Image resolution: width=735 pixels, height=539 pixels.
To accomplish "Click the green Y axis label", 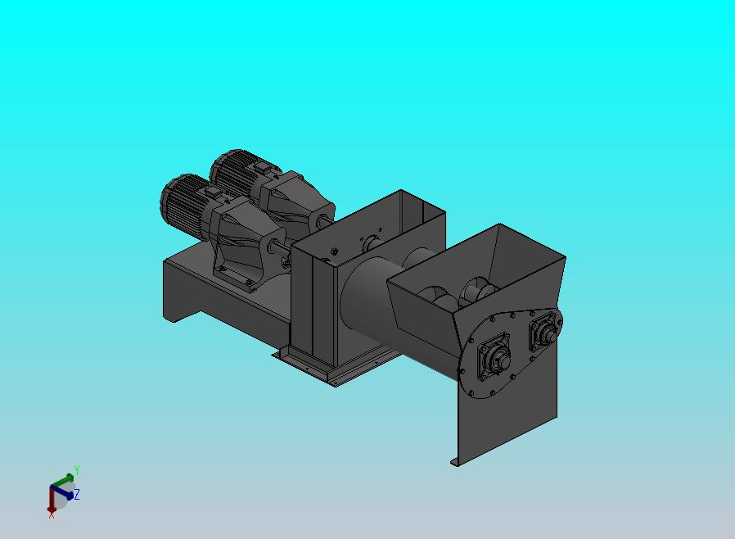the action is [x=77, y=469].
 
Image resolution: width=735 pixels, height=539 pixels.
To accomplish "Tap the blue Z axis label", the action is [x=77, y=494].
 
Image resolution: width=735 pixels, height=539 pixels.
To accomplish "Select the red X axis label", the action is [x=52, y=515].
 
